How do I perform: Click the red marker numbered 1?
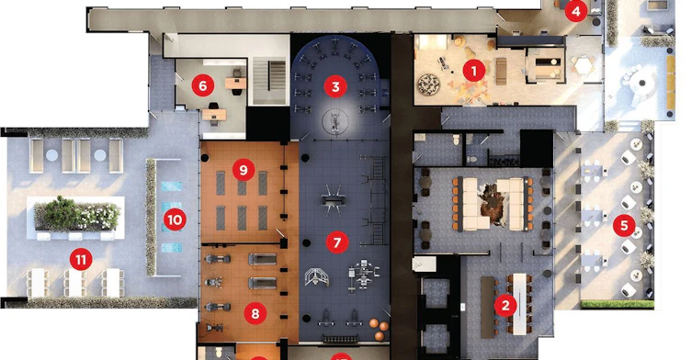pos(474,71)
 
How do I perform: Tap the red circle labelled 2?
pos(505,305)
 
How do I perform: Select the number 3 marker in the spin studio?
pos(335,86)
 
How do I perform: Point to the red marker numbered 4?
pos(576,11)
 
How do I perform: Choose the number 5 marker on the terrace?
pos(624,225)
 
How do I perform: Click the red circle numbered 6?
pos(203,85)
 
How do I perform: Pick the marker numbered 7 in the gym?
pos(337,242)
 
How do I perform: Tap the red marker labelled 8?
pos(255,313)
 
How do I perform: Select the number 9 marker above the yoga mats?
pos(244,169)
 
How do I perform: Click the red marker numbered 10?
pos(175,219)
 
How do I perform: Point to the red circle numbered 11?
pos(81,260)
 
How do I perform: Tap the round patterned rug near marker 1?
pos(429,84)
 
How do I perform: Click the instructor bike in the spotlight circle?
pos(335,121)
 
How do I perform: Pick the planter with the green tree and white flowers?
pos(77,215)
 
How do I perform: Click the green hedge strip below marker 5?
pos(617,304)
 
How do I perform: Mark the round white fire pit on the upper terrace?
pos(642,83)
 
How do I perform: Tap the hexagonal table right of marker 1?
pos(582,66)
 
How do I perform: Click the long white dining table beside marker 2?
pos(520,304)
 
